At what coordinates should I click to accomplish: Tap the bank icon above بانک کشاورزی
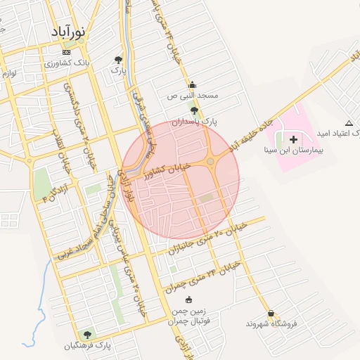coord(66,53)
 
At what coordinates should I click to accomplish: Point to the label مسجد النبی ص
coord(193,95)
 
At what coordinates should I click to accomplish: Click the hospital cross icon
coord(292,140)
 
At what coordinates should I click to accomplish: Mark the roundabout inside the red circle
coord(210,162)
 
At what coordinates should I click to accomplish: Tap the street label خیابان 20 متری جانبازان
coord(207,238)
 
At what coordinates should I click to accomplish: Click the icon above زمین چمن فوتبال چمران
coord(187,300)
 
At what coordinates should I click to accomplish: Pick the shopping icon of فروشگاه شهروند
coord(271,313)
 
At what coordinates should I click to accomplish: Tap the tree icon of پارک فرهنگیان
coord(87,335)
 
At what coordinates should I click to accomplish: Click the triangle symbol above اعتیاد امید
coord(349,123)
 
